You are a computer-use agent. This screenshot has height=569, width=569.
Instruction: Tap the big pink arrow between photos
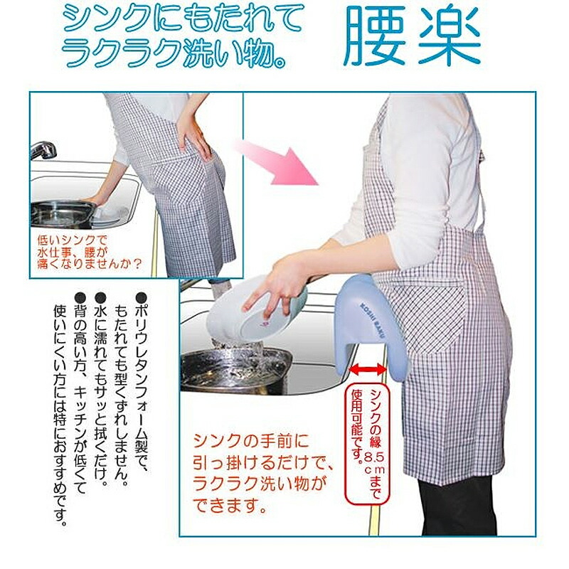pos(277,161)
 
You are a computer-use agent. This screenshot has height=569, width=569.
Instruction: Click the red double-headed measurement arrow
pos(368,370)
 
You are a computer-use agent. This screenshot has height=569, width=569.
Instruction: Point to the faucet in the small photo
pos(43,150)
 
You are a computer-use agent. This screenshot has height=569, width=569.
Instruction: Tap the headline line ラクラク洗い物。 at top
pos(174,55)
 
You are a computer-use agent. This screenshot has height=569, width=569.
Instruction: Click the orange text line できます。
pos(229,505)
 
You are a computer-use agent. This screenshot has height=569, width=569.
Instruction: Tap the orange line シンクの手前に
pos(252,440)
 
